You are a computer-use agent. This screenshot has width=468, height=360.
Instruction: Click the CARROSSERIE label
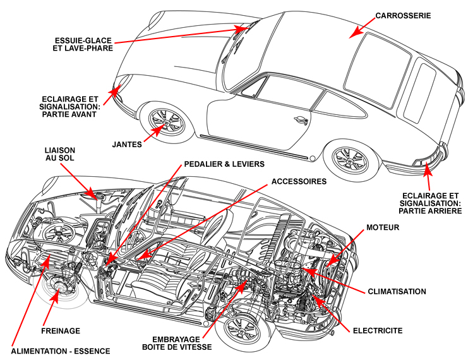coord(403,15)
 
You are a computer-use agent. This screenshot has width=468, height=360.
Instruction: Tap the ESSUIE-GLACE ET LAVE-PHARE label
coord(84,44)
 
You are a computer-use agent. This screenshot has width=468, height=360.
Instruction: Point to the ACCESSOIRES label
coord(299,181)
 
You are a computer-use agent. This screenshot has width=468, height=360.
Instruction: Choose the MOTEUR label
coord(383,227)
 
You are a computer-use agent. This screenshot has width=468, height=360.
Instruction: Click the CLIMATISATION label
coord(397,291)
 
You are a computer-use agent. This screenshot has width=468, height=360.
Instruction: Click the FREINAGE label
coord(61,330)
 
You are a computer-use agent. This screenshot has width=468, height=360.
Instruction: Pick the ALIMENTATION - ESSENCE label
coord(61,351)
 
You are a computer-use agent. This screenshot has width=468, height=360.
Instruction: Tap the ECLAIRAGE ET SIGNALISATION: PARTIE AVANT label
coord(70,107)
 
